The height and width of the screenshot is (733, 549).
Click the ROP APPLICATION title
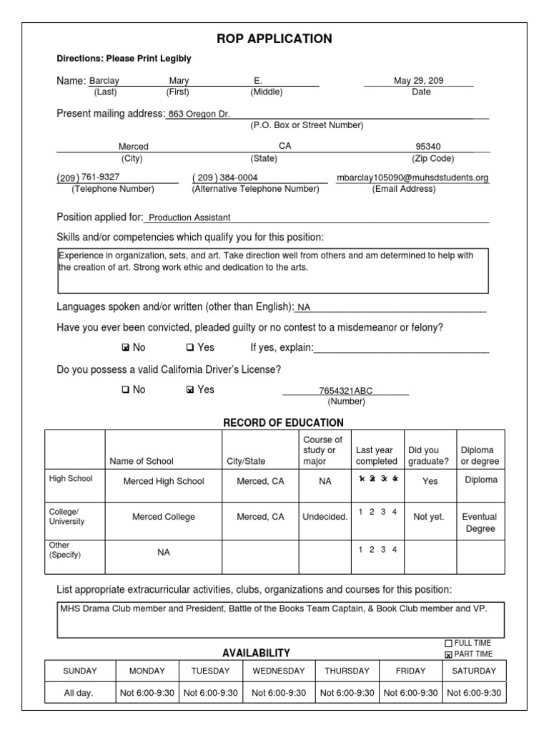click(274, 39)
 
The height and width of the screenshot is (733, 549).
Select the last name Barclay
click(104, 82)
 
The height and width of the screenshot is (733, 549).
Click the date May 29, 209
click(418, 81)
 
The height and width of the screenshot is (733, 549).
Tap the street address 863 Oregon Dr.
click(199, 114)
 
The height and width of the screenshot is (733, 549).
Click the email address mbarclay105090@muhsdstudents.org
click(412, 178)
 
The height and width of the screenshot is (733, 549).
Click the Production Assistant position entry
click(189, 218)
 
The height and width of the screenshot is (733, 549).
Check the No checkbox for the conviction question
click(126, 348)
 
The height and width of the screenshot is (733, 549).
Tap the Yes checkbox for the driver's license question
click(189, 390)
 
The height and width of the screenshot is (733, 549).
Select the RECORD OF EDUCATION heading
click(283, 423)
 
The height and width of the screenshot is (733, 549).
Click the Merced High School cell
click(164, 481)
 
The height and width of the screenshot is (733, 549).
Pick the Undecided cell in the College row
click(325, 517)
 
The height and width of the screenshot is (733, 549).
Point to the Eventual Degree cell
click(480, 523)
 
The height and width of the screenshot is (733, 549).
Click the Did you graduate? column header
click(428, 456)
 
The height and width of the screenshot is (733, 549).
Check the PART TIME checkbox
click(449, 654)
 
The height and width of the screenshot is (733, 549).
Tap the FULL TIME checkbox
click(449, 644)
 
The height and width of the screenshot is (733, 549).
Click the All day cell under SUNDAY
click(79, 692)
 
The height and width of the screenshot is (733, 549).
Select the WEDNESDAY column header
click(278, 671)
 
